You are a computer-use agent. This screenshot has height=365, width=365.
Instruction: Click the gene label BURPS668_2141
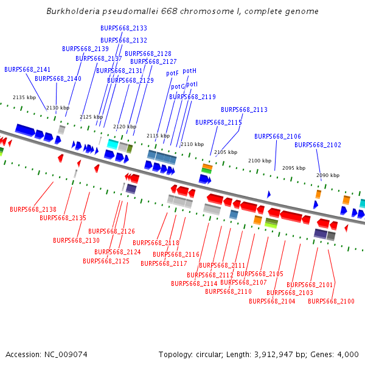[x=27, y=69]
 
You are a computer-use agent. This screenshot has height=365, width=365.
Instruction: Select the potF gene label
[x=172, y=74]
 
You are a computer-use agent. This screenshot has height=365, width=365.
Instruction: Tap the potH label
[x=189, y=71]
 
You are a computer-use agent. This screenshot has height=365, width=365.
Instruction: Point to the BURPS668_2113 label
[x=244, y=109]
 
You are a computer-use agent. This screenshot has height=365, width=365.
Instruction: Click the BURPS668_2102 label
[x=318, y=145]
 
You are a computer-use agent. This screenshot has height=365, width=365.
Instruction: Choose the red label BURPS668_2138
[x=33, y=209]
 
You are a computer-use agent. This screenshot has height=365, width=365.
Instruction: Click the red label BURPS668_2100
[x=331, y=302]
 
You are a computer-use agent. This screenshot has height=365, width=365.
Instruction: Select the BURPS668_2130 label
[x=77, y=240]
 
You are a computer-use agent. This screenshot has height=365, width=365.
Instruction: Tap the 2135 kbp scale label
[x=24, y=97]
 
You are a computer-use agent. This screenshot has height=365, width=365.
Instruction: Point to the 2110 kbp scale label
[x=192, y=144]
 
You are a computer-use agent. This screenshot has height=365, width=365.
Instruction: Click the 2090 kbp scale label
[x=328, y=175]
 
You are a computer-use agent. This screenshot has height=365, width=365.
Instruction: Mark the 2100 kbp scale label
[x=260, y=161]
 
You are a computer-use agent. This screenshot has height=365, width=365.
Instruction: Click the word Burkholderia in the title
[x=73, y=11]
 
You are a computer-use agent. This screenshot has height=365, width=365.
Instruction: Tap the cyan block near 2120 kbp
[x=113, y=144]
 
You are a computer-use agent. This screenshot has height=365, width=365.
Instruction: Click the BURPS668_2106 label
[x=277, y=136]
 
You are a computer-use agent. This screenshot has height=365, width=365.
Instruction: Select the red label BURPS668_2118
[x=156, y=243]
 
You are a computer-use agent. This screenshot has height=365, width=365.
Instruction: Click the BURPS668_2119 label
[x=192, y=97]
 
